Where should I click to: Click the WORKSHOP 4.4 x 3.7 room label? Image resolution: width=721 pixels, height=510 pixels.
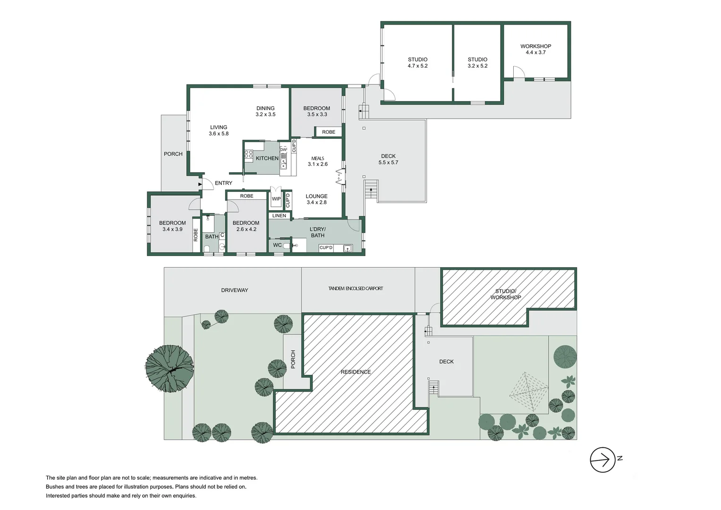(x=535, y=49)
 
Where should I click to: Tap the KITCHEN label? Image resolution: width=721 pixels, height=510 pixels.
(x=267, y=158)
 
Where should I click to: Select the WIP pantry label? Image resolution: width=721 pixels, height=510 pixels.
(x=276, y=199)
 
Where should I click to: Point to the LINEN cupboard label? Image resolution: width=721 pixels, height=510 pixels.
(x=279, y=216)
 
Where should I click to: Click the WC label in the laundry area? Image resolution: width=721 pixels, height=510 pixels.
(x=277, y=245)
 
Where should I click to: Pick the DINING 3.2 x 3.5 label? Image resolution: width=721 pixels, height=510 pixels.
(x=265, y=111)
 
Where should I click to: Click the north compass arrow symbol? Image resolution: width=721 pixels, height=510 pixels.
(x=603, y=459)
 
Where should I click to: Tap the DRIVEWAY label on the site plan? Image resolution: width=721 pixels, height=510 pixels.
(x=234, y=290)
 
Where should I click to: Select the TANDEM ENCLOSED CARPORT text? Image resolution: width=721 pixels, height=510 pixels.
(x=356, y=289)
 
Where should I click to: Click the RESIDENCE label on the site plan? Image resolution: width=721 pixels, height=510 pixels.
(x=356, y=372)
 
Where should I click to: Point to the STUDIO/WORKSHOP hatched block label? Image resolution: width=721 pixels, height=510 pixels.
(x=506, y=294)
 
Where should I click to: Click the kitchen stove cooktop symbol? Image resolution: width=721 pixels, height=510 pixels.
(x=248, y=154)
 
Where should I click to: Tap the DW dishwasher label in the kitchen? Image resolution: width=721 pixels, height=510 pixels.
(x=283, y=150)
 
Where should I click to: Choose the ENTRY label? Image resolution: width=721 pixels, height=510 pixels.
(x=223, y=183)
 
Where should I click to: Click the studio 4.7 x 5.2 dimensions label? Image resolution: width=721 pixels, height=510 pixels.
(x=417, y=66)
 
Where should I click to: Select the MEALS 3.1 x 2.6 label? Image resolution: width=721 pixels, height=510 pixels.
(x=317, y=161)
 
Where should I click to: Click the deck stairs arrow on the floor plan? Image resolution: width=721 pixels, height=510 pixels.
(x=371, y=191)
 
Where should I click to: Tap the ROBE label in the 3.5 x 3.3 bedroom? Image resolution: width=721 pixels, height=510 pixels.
(x=329, y=132)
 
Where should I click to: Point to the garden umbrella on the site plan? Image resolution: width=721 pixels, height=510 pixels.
(x=528, y=391)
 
